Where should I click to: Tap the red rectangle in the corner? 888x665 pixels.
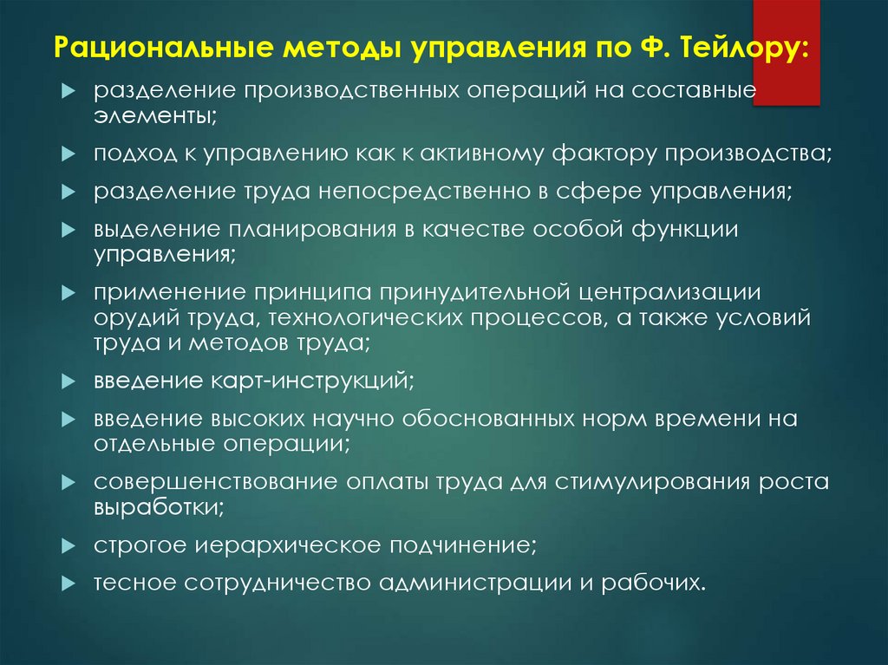click(x=787, y=52)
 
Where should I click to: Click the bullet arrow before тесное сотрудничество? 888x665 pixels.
click(x=70, y=584)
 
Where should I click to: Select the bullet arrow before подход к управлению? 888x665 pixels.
click(x=70, y=154)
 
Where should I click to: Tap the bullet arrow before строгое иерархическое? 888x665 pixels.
click(x=70, y=547)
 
